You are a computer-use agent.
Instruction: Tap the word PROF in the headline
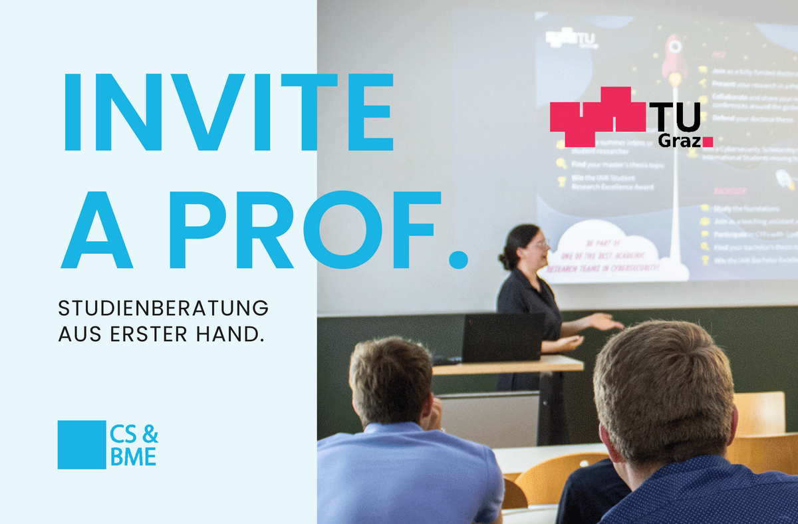(x=306, y=229)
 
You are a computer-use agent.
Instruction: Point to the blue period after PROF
(x=458, y=259)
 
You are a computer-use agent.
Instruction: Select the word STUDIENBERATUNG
(x=164, y=309)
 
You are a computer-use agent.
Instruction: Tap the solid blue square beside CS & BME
(x=82, y=444)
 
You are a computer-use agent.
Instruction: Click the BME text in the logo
(x=134, y=458)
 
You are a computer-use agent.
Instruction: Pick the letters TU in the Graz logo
(x=674, y=118)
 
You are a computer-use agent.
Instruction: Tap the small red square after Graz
(x=708, y=141)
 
